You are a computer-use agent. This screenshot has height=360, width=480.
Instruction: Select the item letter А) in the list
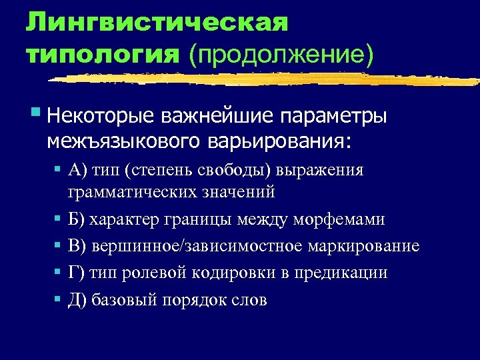[x=77, y=170]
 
